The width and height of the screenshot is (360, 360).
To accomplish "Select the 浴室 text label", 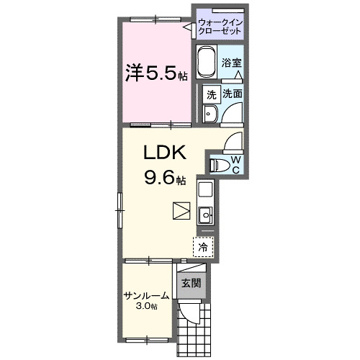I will click(231, 62).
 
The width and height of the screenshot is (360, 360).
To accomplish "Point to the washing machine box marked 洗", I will click(211, 94).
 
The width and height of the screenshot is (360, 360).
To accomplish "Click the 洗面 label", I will click(232, 94).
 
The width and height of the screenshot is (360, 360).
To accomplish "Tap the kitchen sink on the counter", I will click(204, 215).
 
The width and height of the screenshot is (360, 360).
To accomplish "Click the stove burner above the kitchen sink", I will click(204, 192).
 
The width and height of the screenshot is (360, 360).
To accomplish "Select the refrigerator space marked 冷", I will click(203, 247).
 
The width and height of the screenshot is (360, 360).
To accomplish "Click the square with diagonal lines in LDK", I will click(180, 210).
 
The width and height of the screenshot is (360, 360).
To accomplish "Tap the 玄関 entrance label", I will click(189, 283).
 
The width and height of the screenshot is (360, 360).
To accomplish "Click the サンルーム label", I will click(146, 295).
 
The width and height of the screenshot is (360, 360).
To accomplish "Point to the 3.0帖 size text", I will click(147, 307).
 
